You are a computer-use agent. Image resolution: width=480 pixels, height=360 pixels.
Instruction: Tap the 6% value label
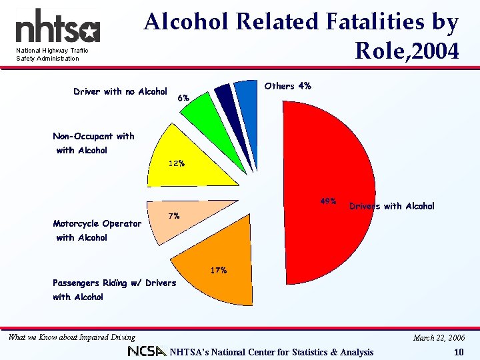coord(184,98)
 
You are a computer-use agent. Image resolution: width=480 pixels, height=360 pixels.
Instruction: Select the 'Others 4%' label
coord(287,86)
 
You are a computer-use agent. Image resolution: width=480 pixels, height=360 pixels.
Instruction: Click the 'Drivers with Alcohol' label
coord(392,206)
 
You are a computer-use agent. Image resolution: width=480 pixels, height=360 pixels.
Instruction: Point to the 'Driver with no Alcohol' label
coord(120,91)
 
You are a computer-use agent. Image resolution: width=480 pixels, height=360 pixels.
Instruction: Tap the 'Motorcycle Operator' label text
coord(97,223)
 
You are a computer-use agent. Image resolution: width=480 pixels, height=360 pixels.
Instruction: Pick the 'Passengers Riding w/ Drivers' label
coord(114,283)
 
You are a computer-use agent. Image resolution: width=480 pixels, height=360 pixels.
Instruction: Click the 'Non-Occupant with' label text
coord(93,136)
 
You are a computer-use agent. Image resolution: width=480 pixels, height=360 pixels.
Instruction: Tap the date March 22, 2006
coord(439,338)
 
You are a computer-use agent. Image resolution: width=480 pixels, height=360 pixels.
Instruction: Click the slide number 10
coord(458,353)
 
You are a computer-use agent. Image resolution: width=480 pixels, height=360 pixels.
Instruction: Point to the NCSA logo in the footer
coord(147,351)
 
